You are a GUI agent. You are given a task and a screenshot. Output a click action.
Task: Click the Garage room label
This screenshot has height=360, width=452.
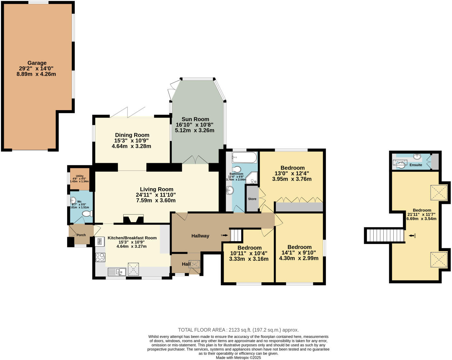pyautogui.click(x=37, y=63)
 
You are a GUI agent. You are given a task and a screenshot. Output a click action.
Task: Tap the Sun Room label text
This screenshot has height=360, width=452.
pyautogui.click(x=195, y=119)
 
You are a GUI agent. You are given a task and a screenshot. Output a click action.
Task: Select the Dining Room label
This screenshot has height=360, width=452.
pyautogui.click(x=132, y=135)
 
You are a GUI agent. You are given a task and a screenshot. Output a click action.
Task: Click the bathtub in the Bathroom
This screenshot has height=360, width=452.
pyautogui.click(x=244, y=158)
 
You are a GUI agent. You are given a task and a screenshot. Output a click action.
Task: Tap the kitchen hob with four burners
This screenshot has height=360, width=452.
pyautogui.click(x=100, y=257)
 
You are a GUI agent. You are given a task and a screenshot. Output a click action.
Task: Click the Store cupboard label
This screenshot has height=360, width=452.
pyautogui.click(x=252, y=199)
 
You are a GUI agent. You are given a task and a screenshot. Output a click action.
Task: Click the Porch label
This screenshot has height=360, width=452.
pyautogui.click(x=81, y=235)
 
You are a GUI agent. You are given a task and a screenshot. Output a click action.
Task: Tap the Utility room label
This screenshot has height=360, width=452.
pyautogui.click(x=80, y=176)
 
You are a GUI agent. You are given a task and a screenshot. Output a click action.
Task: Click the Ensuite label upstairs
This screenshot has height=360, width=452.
pyautogui.click(x=416, y=165)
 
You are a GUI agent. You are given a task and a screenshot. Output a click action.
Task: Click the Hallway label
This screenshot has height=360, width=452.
pyautogui.click(x=200, y=236)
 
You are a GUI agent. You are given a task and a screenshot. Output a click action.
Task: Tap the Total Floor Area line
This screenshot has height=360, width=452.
pyautogui.click(x=238, y=330)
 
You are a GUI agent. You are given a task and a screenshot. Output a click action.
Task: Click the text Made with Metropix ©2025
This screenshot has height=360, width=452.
pyautogui.click(x=238, y=357)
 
